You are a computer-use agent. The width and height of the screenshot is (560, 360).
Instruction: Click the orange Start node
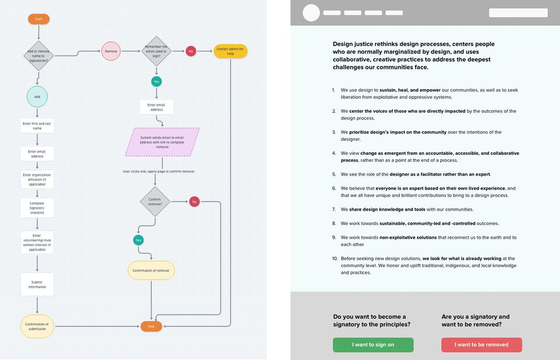click(38, 19)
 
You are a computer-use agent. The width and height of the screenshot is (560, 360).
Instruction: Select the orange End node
click(151, 326)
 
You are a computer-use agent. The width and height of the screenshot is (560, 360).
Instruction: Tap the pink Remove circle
click(111, 51)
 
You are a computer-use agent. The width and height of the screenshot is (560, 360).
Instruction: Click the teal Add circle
click(37, 97)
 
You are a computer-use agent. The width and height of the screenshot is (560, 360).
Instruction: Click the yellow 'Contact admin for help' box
click(230, 51)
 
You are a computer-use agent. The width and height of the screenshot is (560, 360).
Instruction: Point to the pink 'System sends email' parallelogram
click(162, 142)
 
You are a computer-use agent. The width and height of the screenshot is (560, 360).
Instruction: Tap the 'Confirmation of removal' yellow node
click(151, 270)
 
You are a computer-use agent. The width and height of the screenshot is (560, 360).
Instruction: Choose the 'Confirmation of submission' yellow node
click(37, 326)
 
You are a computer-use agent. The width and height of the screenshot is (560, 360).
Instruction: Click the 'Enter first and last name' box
click(37, 126)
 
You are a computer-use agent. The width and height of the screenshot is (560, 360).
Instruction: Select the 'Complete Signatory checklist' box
click(37, 208)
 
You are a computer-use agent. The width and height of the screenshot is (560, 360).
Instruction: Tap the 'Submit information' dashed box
click(37, 284)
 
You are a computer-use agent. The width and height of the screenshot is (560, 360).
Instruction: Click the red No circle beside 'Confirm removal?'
click(194, 201)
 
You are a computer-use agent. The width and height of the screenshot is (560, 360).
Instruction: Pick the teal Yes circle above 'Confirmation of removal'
click(138, 240)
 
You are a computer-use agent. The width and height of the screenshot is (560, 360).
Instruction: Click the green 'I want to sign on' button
click(373, 345)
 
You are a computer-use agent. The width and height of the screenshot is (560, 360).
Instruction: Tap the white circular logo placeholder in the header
click(311, 13)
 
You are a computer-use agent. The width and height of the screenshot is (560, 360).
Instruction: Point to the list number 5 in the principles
click(334, 174)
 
